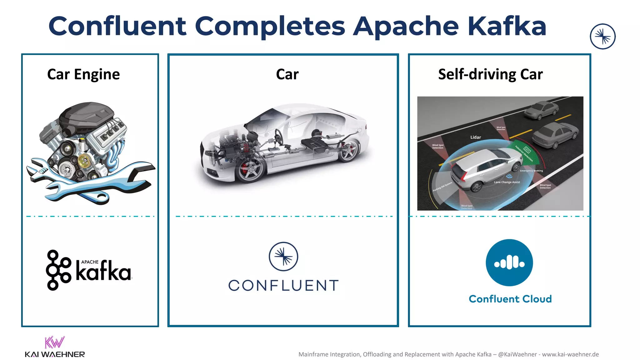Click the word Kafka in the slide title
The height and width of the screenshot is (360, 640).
click(x=507, y=26)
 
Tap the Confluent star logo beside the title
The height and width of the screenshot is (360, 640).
click(x=602, y=37)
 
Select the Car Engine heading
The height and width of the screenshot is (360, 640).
click(x=83, y=74)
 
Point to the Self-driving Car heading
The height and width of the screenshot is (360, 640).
click(x=490, y=74)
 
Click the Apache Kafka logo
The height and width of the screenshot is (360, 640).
click(x=89, y=270)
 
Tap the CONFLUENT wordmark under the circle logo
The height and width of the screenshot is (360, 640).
click(x=283, y=285)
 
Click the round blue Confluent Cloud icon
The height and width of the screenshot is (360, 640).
click(x=509, y=262)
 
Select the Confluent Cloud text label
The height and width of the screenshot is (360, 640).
click(x=510, y=299)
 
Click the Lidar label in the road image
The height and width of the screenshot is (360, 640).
click(x=476, y=137)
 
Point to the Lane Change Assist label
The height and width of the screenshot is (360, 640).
click(x=507, y=182)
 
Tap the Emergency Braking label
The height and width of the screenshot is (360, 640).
click(x=531, y=171)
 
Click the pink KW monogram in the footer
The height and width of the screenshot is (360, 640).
click(x=54, y=342)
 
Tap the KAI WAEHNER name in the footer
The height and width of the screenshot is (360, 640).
click(x=55, y=354)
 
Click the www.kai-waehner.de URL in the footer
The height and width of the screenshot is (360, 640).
click(x=570, y=354)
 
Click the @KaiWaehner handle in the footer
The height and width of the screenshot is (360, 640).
click(x=517, y=354)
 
